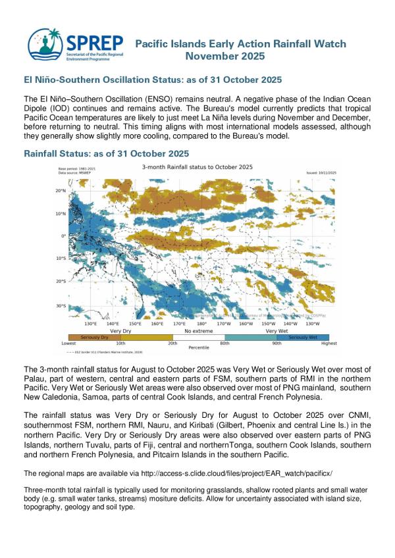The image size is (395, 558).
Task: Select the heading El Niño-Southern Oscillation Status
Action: coord(153,80)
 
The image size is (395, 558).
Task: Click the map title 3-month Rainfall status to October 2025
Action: coord(198,167)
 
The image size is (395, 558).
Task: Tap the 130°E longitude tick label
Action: coord(92,324)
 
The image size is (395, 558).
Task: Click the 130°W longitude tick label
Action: coord(313,324)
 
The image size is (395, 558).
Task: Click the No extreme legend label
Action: coord(198,330)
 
